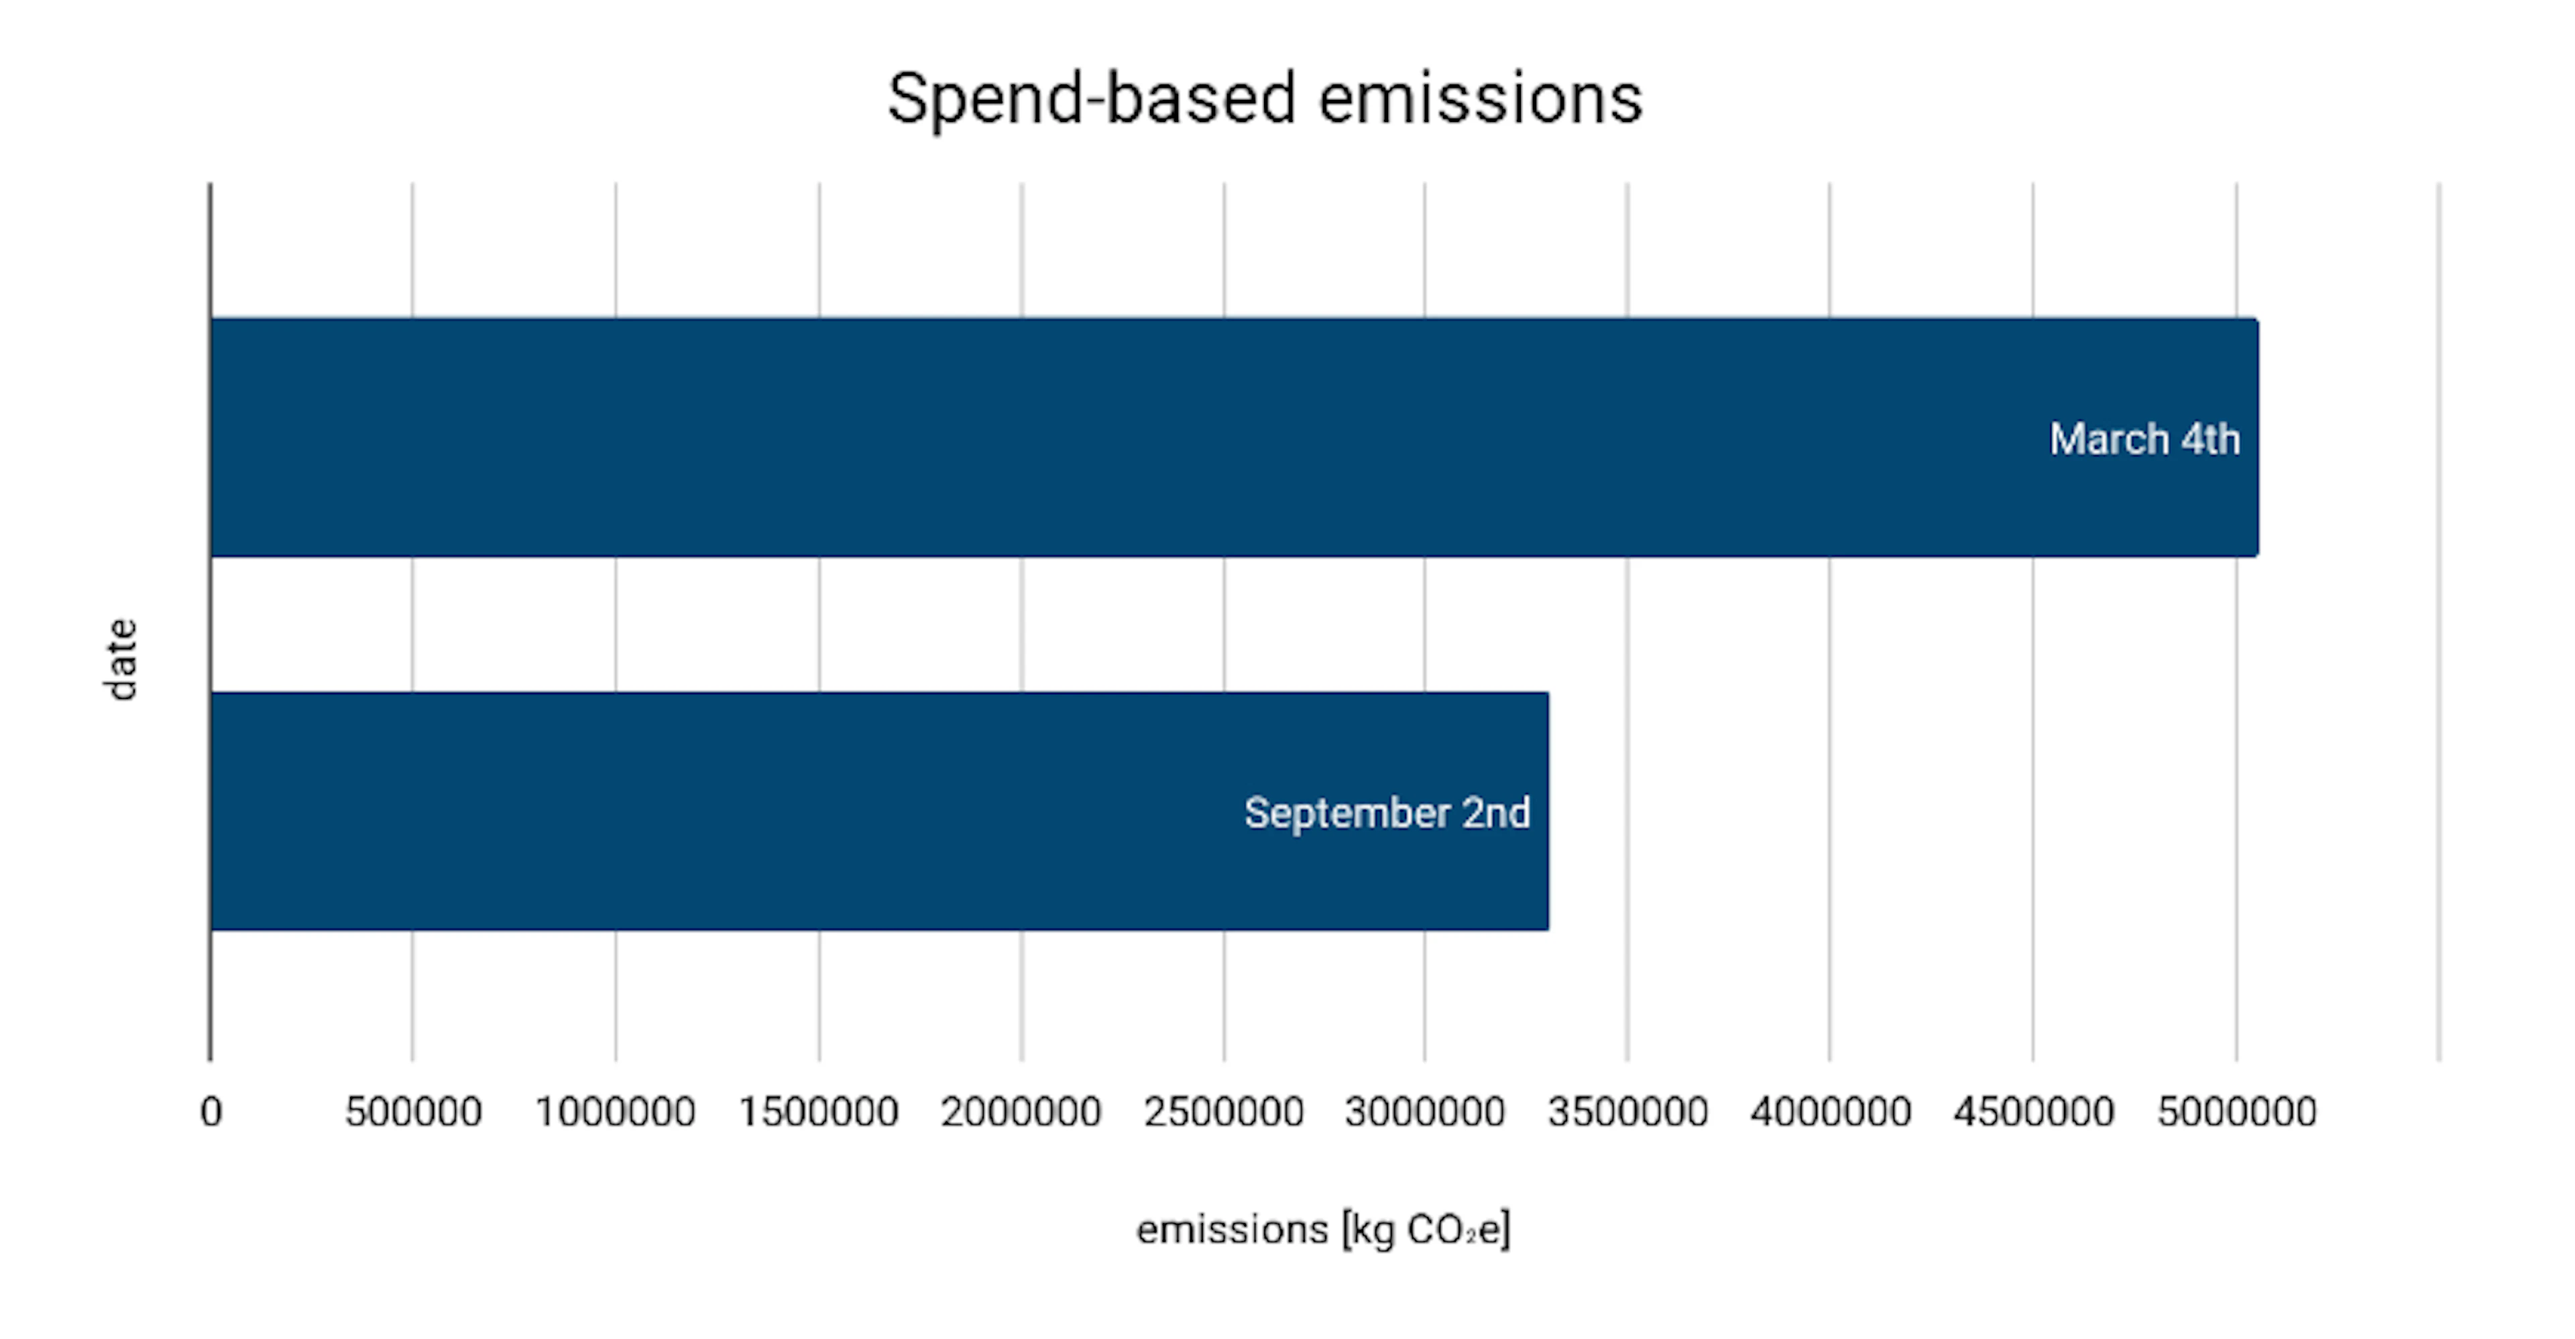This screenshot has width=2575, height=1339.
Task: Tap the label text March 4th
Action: point(2144,440)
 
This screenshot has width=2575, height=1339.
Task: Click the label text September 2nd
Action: point(1387,812)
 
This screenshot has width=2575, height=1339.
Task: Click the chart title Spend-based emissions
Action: point(1265,99)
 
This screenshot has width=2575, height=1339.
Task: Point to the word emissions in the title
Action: point(1479,99)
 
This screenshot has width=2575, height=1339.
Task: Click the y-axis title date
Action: point(121,659)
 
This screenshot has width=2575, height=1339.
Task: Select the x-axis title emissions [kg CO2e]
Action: point(1322,1229)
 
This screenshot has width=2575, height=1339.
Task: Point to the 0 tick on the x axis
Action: point(211,1111)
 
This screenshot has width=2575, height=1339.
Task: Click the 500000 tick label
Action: point(413,1111)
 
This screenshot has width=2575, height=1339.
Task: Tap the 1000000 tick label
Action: point(615,1111)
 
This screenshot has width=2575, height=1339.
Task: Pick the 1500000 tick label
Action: point(817,1111)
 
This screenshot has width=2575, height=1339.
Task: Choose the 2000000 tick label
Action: point(1021,1111)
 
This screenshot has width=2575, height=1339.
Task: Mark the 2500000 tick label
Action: point(1224,1111)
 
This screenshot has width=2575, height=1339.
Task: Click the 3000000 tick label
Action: point(1424,1111)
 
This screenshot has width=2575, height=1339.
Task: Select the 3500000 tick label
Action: point(1627,1111)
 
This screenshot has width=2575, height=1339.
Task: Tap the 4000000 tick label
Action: point(1830,1111)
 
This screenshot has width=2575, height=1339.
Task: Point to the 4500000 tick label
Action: point(2033,1111)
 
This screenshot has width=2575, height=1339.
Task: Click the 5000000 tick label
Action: point(2236,1111)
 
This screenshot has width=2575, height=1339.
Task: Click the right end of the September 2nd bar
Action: point(1546,812)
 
